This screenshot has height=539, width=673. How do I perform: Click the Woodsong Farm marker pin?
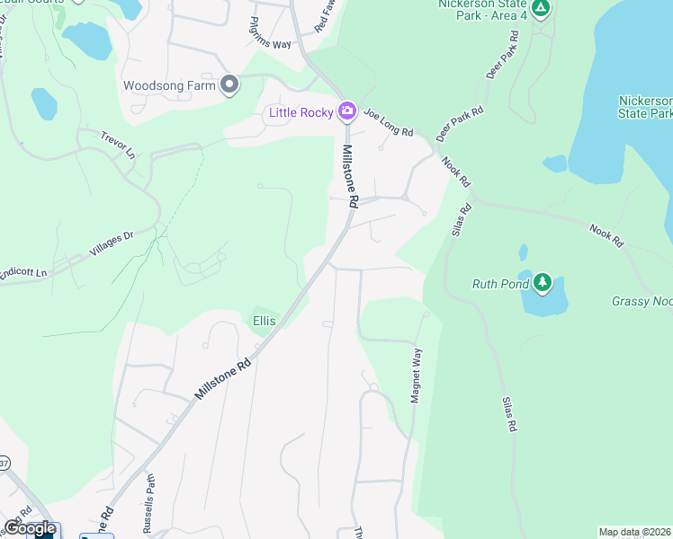click(229, 85)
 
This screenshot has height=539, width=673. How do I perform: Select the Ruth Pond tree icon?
click(542, 284)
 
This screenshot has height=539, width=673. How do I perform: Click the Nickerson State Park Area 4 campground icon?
click(540, 9)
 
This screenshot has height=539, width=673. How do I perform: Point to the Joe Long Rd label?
click(388, 124)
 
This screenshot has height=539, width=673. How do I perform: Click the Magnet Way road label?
click(417, 375)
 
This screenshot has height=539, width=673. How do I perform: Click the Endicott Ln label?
click(22, 271)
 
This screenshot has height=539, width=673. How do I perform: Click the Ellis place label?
click(264, 320)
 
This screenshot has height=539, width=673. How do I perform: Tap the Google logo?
click(29, 528)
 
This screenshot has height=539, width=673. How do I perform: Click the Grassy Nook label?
click(642, 302)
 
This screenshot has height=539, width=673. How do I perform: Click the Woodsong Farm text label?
click(171, 86)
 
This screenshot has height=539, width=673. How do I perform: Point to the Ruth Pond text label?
click(499, 285)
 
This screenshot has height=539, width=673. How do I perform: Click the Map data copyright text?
click(635, 532)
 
